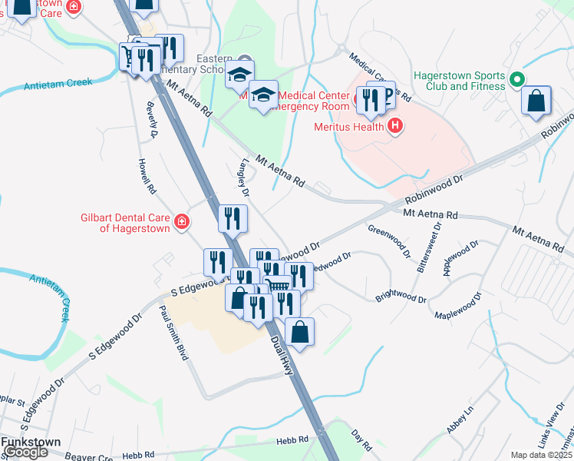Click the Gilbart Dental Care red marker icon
tap(182, 223)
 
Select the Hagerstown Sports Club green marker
tap(517, 79)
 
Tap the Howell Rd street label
tap(147, 175)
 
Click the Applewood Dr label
tap(462, 257)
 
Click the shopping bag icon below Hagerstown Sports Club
tap(536, 100)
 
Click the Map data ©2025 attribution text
tap(540, 455)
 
